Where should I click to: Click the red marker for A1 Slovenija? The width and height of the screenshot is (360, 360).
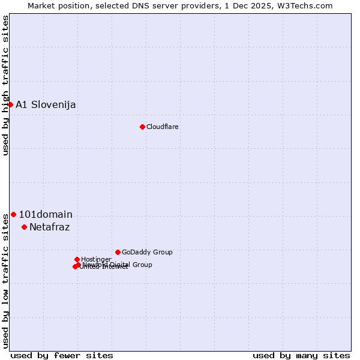click(x=10, y=104)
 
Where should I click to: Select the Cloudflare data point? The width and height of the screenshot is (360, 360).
click(x=142, y=127)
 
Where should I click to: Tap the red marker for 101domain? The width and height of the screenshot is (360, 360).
click(x=13, y=214)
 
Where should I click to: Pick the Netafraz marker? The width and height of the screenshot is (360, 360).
click(x=24, y=227)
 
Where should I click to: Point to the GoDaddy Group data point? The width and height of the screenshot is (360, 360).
click(x=118, y=252)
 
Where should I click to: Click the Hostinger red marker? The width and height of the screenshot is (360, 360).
click(x=77, y=259)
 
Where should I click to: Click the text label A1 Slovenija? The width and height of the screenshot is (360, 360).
click(x=46, y=105)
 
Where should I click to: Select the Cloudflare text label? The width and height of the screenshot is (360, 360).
click(x=163, y=127)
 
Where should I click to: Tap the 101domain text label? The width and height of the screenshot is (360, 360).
click(x=46, y=215)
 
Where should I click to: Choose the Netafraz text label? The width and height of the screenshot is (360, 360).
click(x=50, y=227)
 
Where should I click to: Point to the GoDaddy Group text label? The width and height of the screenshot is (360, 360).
click(x=147, y=253)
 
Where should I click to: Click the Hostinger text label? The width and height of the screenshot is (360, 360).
click(x=96, y=260)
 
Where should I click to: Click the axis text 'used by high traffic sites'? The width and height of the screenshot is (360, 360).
click(x=6, y=85)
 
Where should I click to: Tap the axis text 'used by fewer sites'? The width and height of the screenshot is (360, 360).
click(x=62, y=355)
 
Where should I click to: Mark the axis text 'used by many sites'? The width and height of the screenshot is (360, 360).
click(x=301, y=355)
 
